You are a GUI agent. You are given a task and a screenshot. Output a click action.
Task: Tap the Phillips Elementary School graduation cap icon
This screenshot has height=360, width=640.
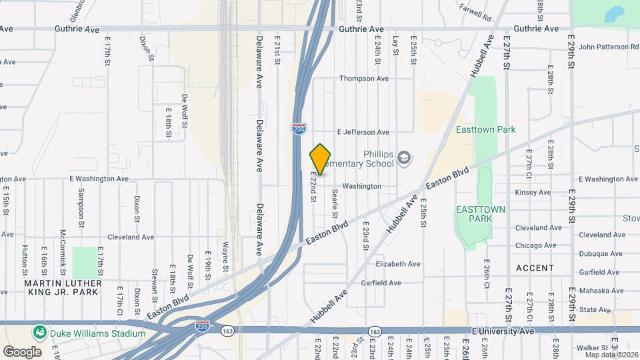(x=403, y=158)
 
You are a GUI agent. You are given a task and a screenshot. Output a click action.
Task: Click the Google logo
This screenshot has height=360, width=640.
(x=22, y=351)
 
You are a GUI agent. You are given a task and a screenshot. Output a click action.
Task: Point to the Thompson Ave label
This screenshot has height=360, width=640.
(x=364, y=79)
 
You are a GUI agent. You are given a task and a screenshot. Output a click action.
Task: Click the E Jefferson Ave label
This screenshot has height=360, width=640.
(x=363, y=132)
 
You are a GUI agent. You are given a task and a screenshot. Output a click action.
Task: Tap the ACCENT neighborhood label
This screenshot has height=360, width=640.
(x=535, y=268)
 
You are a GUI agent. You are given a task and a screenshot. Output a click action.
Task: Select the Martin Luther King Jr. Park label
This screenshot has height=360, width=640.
(x=63, y=287)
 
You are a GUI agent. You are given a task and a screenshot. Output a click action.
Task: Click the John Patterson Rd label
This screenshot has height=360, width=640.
(x=609, y=47)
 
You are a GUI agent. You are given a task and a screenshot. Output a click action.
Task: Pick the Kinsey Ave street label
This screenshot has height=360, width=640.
(x=533, y=193)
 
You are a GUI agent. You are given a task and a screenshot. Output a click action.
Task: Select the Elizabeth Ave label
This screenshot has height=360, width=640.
(x=398, y=264)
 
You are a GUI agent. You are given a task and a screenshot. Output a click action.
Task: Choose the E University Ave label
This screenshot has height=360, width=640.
(x=503, y=331)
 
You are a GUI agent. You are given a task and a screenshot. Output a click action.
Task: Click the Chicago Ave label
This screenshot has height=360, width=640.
(x=536, y=245)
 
